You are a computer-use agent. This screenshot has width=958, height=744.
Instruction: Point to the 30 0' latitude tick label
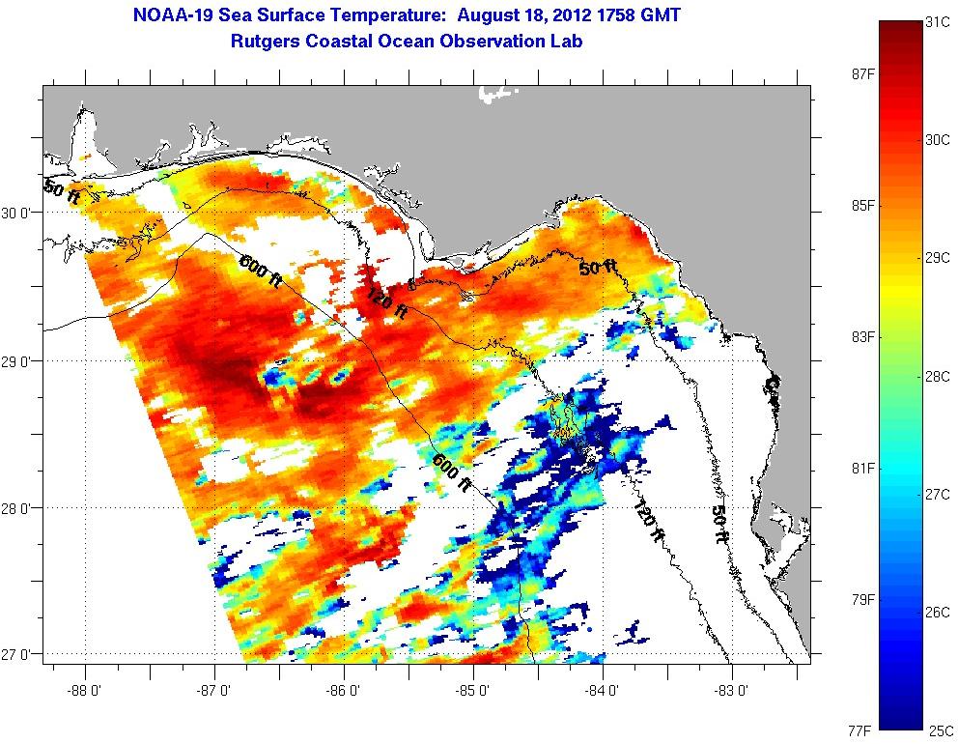point(21,214)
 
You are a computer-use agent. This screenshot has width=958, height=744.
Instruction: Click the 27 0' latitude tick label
point(21,654)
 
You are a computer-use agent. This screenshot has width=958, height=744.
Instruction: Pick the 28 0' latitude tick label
point(21,507)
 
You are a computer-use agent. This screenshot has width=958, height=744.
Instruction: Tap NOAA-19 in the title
point(164,15)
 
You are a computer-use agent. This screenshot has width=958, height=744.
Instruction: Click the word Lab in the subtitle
point(566,42)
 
